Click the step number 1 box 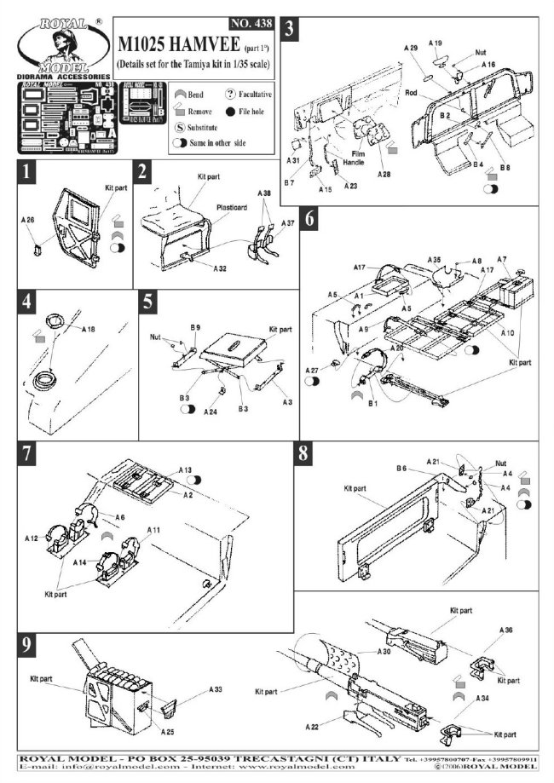[28, 172]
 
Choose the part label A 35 [434, 258]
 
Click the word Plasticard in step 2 [208, 204]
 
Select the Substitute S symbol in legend [180, 128]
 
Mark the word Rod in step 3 [411, 93]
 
